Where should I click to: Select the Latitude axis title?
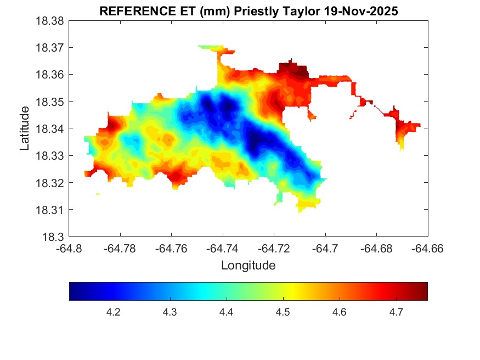[x=25, y=129]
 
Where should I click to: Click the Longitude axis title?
[x=248, y=266]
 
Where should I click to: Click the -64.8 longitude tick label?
[x=70, y=249]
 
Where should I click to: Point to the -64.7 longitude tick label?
[x=325, y=249]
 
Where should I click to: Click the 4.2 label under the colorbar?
[x=113, y=312]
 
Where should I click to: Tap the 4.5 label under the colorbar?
[x=283, y=312]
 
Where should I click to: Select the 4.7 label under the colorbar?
[x=397, y=312]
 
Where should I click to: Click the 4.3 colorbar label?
[x=170, y=312]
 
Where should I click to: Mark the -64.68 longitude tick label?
[x=376, y=249]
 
